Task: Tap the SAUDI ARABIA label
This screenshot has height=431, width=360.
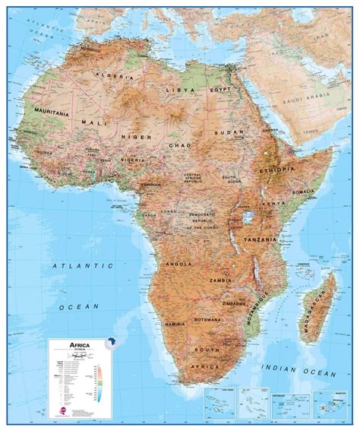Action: tap(302, 101)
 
